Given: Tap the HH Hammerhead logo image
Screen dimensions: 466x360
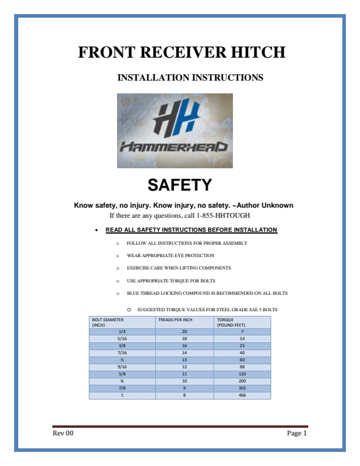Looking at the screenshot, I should point(175,131).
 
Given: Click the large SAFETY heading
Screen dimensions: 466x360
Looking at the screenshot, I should point(179,185).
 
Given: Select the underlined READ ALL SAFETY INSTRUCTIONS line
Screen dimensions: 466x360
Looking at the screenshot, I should point(191,229).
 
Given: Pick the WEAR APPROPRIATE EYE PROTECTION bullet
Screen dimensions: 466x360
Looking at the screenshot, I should point(171,255).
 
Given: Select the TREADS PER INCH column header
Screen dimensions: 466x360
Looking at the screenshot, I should point(175,320).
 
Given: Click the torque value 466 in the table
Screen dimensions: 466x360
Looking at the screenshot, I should point(242,395).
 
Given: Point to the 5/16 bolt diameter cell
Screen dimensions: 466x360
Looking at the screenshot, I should point(122,339).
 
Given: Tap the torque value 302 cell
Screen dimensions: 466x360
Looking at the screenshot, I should point(242,388).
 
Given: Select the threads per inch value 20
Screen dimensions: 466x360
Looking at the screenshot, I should point(184,332).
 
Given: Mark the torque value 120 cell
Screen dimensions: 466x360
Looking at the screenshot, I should point(242,374).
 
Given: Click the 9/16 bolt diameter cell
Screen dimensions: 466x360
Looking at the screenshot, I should point(122,367).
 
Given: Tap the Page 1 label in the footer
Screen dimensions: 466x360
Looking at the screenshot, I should point(296,434).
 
